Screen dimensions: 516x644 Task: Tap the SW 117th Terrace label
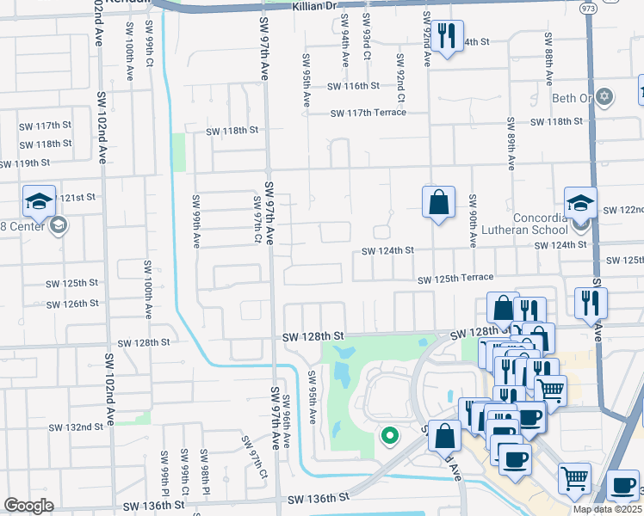click(368, 113)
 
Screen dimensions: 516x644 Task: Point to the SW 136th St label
click(319, 499)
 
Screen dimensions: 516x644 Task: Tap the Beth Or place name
click(573, 98)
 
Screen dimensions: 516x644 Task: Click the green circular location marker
click(389, 437)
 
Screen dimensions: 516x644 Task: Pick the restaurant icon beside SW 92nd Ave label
click(445, 36)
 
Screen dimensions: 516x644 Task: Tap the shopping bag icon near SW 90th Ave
click(438, 203)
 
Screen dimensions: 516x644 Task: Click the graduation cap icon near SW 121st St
click(39, 201)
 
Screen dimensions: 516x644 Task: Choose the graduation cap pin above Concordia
click(580, 203)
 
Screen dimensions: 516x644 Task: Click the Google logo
click(28, 506)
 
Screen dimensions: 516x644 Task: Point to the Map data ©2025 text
click(607, 509)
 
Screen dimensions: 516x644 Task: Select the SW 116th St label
click(353, 86)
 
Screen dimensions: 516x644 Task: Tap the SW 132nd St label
click(76, 427)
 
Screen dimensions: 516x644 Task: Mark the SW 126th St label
click(72, 304)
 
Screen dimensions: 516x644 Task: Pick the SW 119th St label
click(25, 163)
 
